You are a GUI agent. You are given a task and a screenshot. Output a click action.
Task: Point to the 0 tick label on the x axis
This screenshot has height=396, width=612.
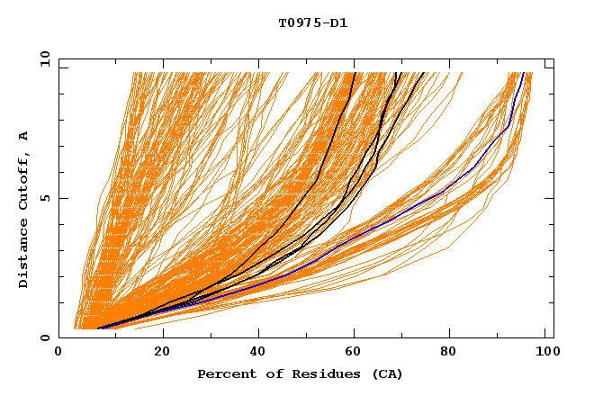[x=58, y=353]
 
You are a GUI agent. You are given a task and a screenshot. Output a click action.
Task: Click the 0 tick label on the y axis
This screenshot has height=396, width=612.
[x=45, y=337]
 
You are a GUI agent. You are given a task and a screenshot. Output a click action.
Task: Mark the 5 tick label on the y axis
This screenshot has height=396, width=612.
[x=45, y=198]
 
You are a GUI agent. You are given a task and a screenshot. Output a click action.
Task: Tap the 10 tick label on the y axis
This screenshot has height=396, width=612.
[x=42, y=58]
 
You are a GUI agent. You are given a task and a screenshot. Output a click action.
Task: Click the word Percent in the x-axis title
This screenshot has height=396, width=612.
[x=224, y=373]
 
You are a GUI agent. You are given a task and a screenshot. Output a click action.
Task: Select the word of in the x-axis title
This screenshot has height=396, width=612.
[x=267, y=373]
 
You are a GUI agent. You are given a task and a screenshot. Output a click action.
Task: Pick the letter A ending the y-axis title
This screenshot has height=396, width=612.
[x=23, y=135]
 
